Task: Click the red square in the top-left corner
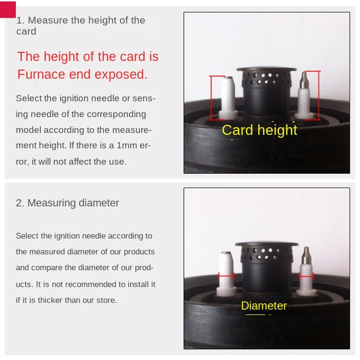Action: click(x=8, y=10)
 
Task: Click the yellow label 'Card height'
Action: click(x=259, y=130)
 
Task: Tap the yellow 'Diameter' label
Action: click(x=264, y=306)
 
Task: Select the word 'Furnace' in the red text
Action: click(x=41, y=74)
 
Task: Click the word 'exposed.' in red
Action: click(x=121, y=74)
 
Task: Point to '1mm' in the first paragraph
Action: click(x=127, y=145)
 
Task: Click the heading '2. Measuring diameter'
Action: click(x=67, y=203)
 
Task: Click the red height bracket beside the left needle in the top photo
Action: click(x=211, y=97)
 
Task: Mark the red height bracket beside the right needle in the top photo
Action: click(x=319, y=96)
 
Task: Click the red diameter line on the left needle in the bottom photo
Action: click(x=227, y=276)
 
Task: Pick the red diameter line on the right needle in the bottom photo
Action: click(x=306, y=276)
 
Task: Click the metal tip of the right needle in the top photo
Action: click(x=304, y=81)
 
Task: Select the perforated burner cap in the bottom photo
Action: click(x=267, y=252)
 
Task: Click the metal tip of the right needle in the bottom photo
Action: click(x=306, y=256)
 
